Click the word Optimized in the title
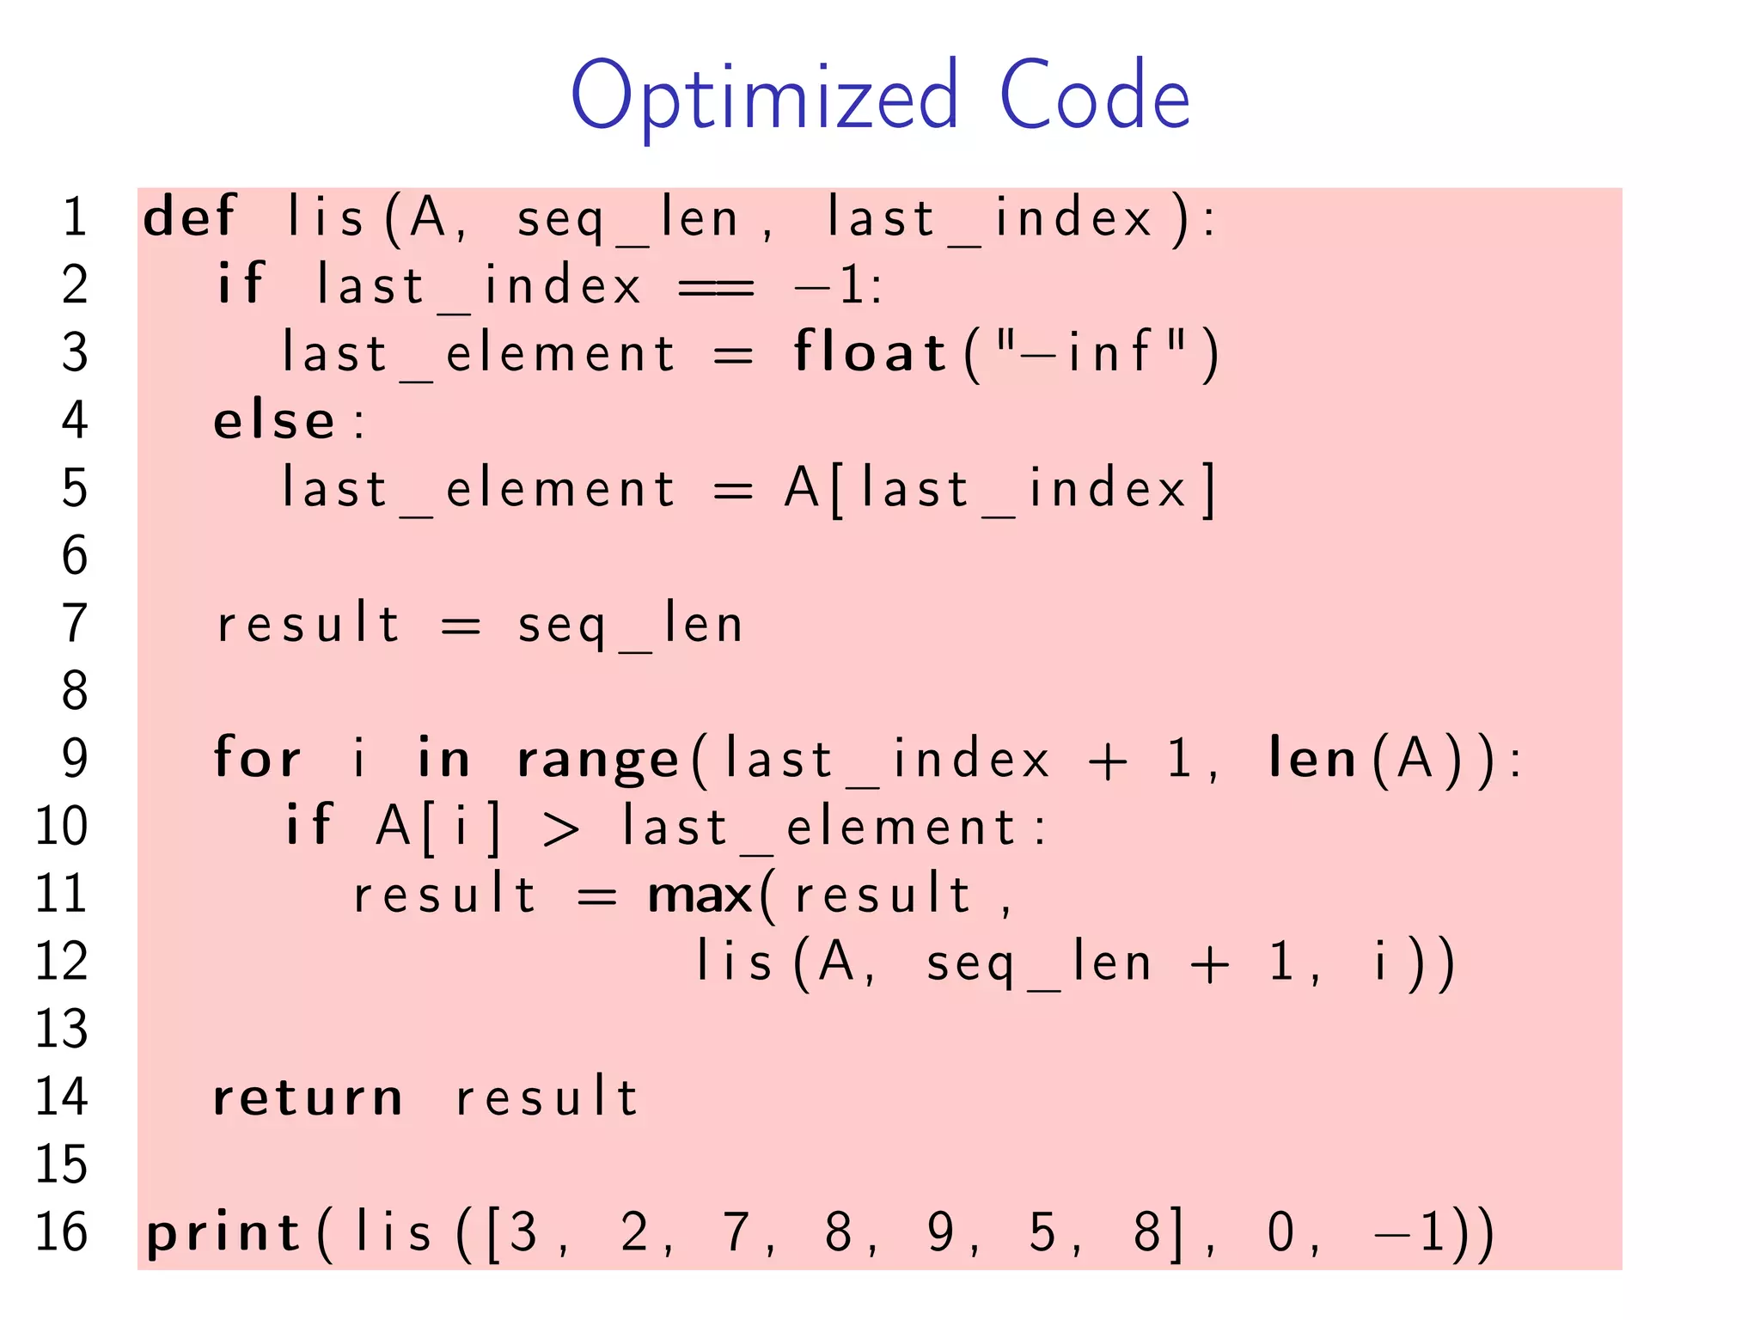tap(764, 96)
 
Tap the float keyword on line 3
tap(869, 352)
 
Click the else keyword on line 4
tap(274, 421)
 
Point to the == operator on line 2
tap(716, 286)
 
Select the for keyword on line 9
tap(257, 759)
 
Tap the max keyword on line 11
tap(700, 895)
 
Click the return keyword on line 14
tap(308, 1098)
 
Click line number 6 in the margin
tap(75, 555)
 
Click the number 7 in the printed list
tap(736, 1232)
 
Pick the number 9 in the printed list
tap(940, 1232)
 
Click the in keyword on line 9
tap(443, 759)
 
